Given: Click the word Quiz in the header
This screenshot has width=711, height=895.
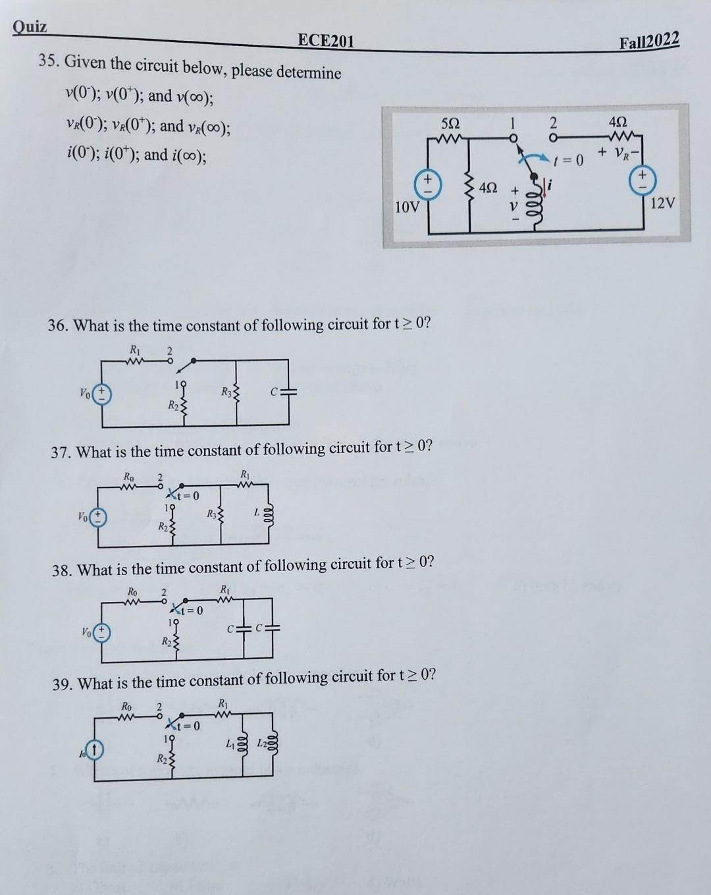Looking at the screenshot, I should [30, 27].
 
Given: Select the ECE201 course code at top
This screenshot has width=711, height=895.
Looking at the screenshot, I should [325, 41].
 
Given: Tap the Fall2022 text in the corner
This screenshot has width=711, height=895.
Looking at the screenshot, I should [648, 41].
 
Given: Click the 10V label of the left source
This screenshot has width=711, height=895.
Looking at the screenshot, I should [407, 207].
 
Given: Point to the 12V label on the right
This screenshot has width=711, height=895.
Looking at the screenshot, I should [662, 203].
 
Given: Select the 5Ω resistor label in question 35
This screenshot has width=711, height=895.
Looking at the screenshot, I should [452, 123].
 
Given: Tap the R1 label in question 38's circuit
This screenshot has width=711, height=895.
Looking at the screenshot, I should [225, 588].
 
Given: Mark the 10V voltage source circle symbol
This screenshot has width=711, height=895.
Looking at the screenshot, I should [427, 182].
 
